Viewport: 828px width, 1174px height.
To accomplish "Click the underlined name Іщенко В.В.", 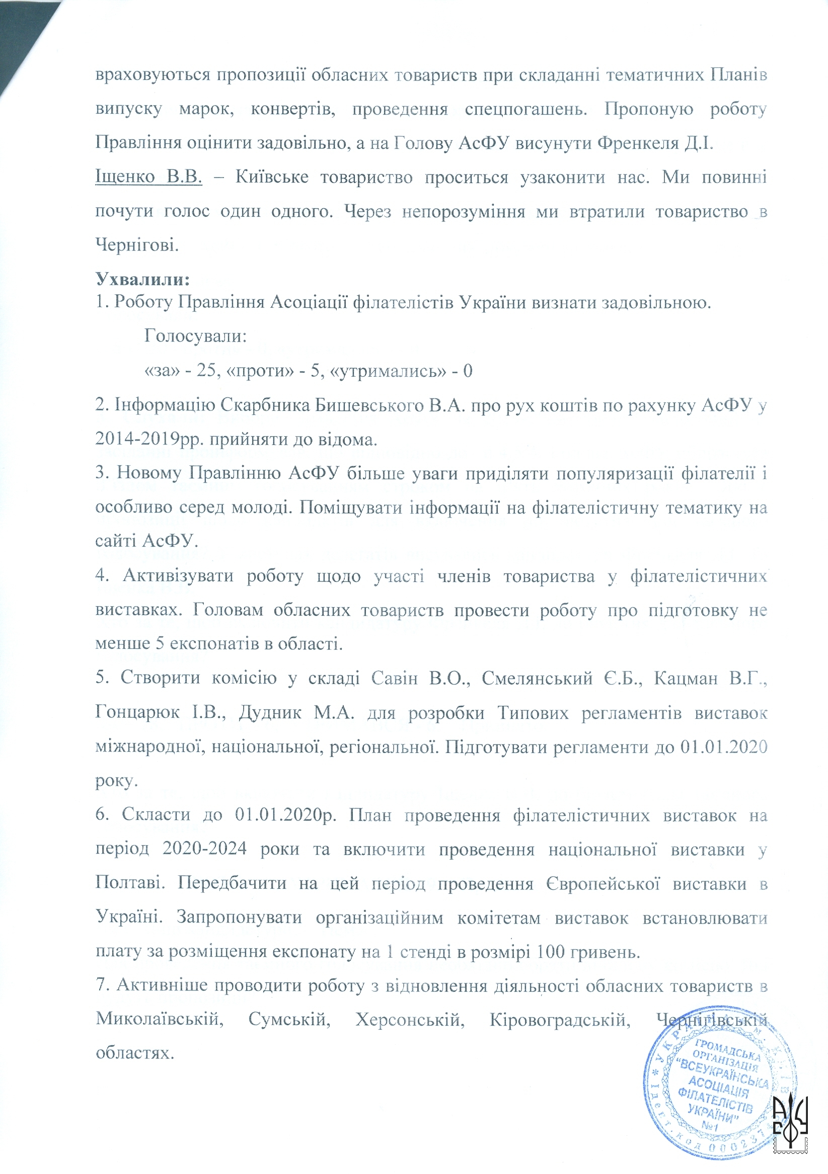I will (148, 177).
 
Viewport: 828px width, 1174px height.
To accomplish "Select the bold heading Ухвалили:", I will (143, 279).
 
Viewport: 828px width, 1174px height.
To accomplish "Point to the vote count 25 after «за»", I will (206, 370).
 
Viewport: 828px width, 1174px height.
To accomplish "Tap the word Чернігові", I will (137, 245).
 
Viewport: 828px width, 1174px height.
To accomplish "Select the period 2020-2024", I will (205, 849).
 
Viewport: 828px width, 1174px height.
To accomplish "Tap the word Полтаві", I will (130, 884).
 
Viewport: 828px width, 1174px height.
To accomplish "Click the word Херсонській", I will (410, 1020).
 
